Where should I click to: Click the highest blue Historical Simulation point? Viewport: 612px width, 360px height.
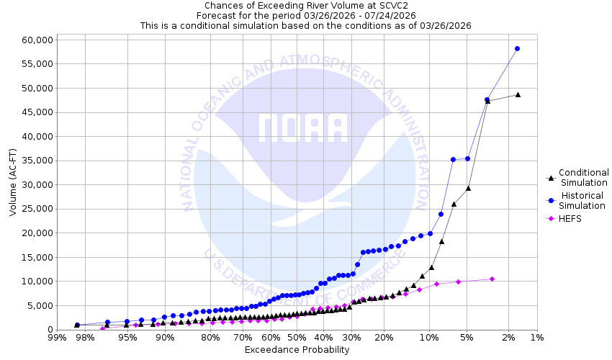tap(517, 49)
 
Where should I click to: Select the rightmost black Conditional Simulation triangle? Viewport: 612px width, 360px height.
tap(518, 94)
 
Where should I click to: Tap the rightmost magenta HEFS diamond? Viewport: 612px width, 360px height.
tap(492, 279)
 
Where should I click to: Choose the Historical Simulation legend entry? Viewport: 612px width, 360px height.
tap(583, 200)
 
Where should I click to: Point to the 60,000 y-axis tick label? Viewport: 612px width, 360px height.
tap(35, 40)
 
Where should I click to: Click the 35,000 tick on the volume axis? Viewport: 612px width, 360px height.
tap(35, 161)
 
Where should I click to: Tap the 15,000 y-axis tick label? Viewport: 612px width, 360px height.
tap(35, 257)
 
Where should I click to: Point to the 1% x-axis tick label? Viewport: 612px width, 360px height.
tap(536, 337)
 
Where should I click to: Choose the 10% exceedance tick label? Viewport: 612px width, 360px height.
tap(429, 337)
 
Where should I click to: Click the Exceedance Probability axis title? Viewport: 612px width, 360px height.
tap(297, 350)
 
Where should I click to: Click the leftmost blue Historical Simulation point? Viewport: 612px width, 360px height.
tap(77, 325)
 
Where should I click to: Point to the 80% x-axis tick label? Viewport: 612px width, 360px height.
tap(210, 337)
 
